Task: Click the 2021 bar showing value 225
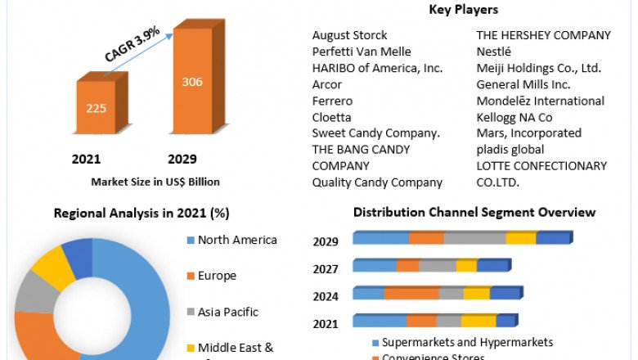(97, 108)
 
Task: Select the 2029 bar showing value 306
(192, 82)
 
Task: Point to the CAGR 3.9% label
(133, 47)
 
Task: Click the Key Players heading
(462, 10)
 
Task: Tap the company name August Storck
(350, 36)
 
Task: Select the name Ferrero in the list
(332, 101)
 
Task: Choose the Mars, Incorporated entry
(528, 133)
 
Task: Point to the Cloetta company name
(332, 117)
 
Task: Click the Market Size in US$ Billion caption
(155, 182)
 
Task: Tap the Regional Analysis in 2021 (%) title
(142, 214)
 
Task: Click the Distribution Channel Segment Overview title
(474, 213)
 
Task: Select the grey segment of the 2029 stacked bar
(474, 238)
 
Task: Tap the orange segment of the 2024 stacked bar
(411, 293)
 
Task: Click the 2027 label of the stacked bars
(326, 268)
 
